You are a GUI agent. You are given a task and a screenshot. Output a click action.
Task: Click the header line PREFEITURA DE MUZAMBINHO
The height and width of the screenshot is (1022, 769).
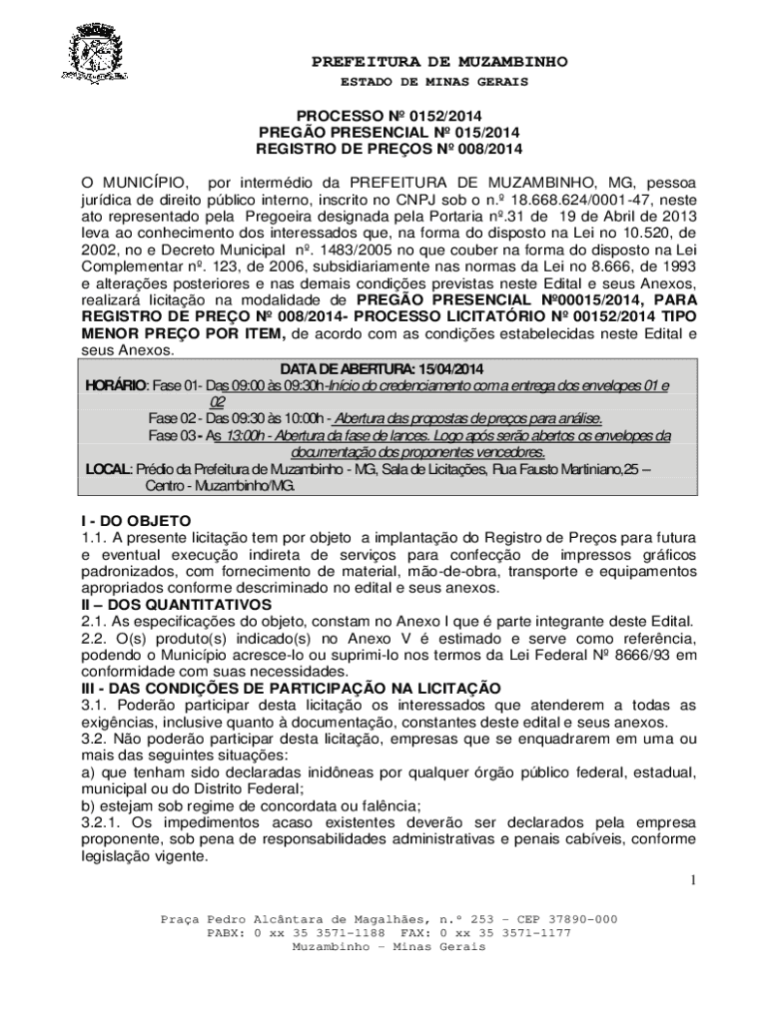[x=439, y=62]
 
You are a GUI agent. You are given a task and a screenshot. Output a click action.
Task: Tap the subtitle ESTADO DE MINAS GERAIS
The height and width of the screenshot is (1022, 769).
[x=440, y=81]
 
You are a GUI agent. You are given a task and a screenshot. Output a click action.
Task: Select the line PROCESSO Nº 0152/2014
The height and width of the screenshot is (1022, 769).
[x=388, y=117]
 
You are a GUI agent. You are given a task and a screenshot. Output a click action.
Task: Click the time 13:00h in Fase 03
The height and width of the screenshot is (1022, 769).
[x=248, y=435]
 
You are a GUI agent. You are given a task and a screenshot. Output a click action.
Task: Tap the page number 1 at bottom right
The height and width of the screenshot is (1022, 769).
[x=691, y=879]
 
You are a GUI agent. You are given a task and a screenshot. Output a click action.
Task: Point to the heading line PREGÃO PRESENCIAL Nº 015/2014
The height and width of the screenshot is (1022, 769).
[x=388, y=133]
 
